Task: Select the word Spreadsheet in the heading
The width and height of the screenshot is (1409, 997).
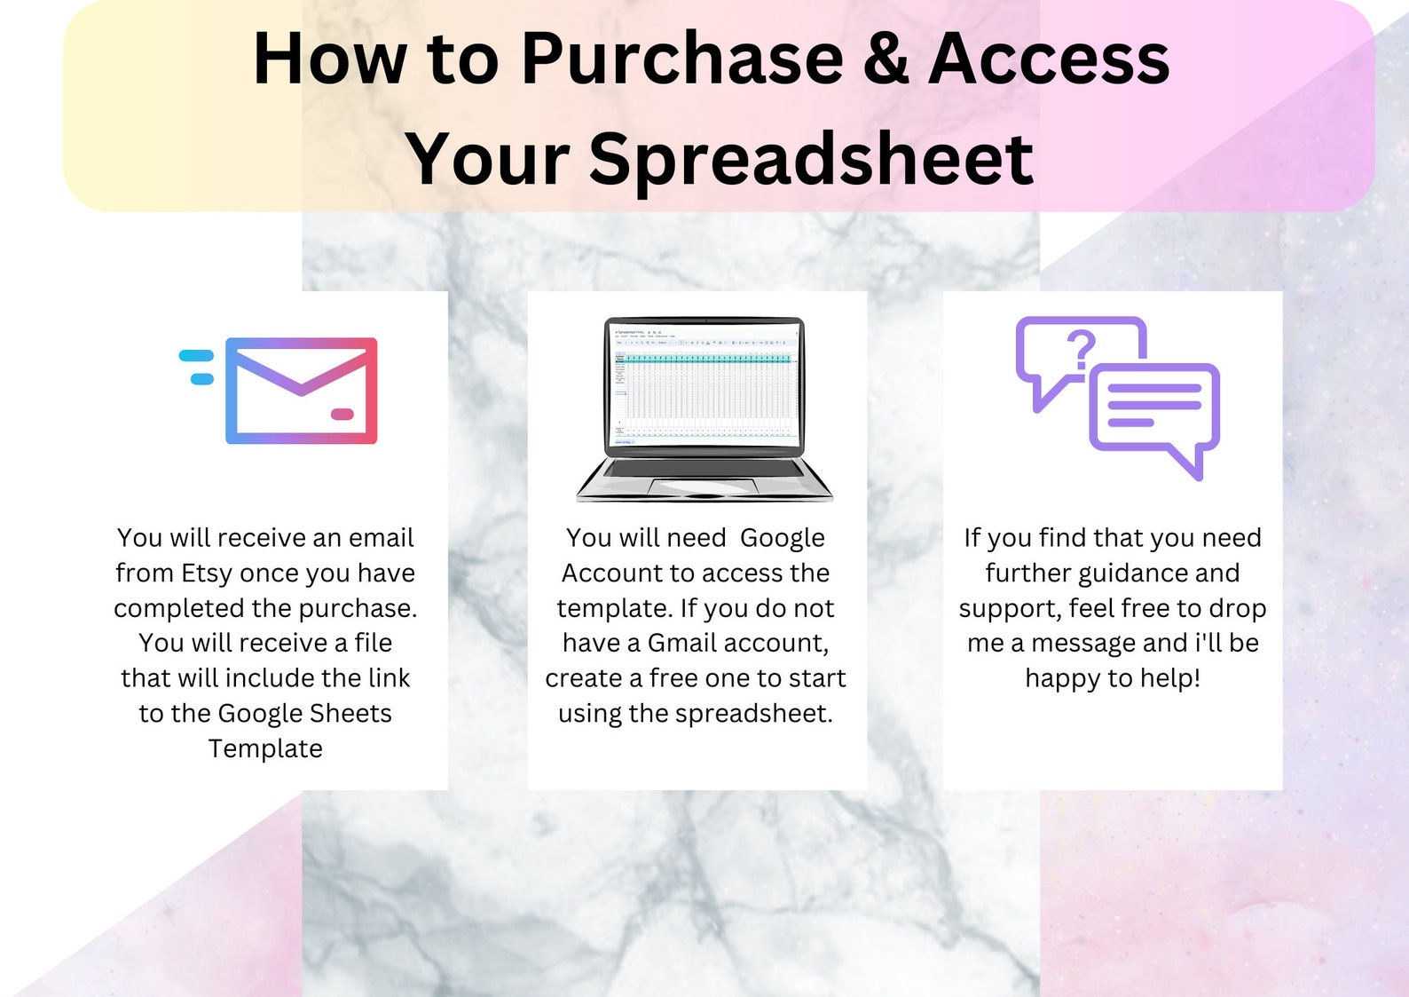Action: point(810,160)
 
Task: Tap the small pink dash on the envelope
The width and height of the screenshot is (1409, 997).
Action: point(342,414)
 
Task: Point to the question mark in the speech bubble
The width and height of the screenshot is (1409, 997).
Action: point(1081,349)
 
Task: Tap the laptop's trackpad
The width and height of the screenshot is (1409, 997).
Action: point(703,487)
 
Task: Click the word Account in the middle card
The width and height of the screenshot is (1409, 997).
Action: point(612,573)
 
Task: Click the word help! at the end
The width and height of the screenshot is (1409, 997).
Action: point(1169,678)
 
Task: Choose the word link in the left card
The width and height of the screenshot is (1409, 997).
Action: point(389,678)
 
